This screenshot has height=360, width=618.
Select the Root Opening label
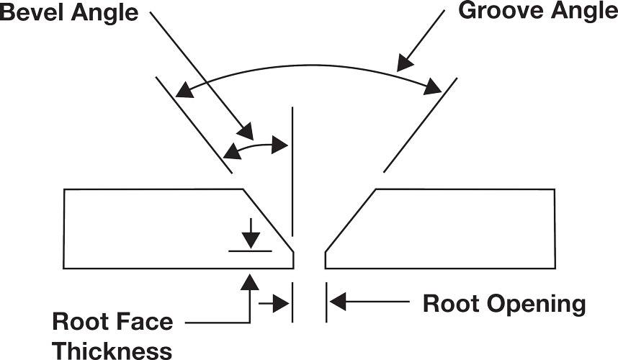pos(504,304)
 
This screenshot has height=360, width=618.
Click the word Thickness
pos(112,350)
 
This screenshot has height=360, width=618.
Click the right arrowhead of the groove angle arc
pos(433,87)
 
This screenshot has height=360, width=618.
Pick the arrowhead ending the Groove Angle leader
pos(405,63)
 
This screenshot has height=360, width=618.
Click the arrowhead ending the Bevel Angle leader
pos(246,132)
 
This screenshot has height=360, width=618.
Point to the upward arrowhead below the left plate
pos(249,280)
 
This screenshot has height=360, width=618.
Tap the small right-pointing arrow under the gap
pos(278,303)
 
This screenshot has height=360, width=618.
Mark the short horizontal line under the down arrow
pos(250,251)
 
